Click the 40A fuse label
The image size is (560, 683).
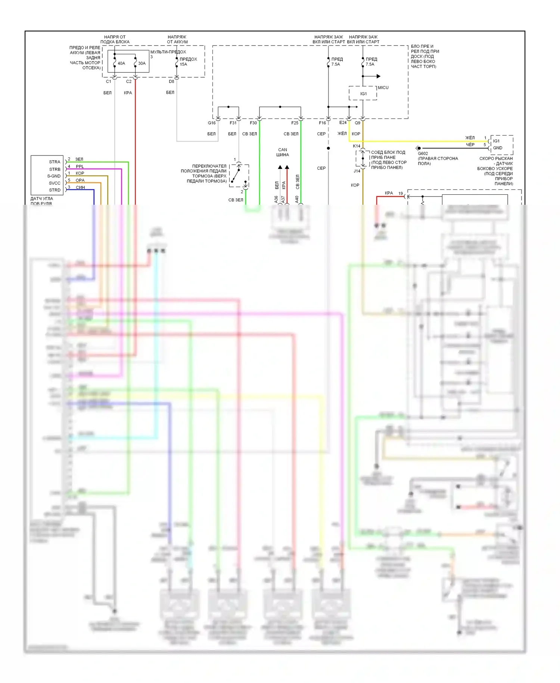(121, 64)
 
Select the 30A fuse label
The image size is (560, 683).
(142, 64)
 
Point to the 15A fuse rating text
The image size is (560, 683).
(183, 64)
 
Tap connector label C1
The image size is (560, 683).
(108, 81)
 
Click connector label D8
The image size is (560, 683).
(171, 81)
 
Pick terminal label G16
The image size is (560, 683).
(212, 123)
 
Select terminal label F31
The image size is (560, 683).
(233, 123)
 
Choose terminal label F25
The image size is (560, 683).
(295, 123)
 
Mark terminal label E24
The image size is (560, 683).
(343, 123)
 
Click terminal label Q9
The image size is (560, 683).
(358, 123)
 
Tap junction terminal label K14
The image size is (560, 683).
(357, 146)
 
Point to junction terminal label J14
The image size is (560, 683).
(357, 171)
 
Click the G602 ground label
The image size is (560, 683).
(423, 154)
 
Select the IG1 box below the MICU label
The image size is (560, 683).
(363, 94)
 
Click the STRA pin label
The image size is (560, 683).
(55, 162)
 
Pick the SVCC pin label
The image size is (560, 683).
(55, 183)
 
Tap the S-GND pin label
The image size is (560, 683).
(54, 176)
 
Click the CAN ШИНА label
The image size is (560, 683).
(283, 152)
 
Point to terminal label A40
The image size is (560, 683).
(297, 200)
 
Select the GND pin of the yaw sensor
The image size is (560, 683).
(498, 148)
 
